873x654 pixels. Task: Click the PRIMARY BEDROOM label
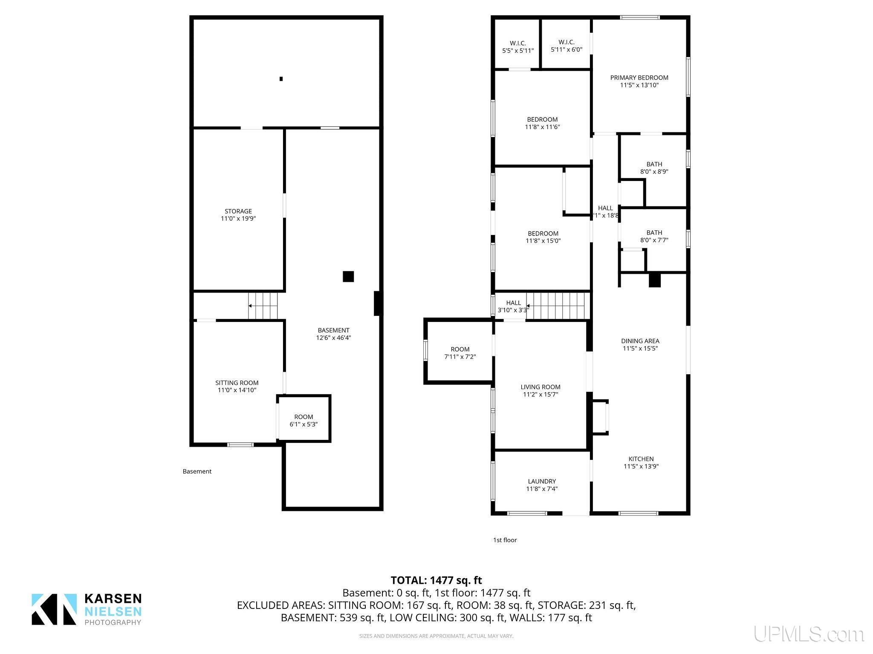click(x=639, y=77)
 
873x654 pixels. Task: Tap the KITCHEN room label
click(x=641, y=459)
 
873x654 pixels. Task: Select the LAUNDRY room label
click(x=542, y=481)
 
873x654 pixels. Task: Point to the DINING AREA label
click(x=640, y=341)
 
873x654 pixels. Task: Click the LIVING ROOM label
click(x=541, y=387)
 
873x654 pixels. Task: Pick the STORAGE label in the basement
click(x=238, y=211)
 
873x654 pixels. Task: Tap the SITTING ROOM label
click(x=237, y=383)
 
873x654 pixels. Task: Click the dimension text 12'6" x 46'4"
click(x=333, y=338)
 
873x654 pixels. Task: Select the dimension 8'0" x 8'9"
click(x=654, y=172)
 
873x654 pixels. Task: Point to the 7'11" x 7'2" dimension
click(x=460, y=356)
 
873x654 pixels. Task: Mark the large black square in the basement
click(x=348, y=276)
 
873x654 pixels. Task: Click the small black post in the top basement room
click(x=281, y=79)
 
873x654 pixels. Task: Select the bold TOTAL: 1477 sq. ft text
click(x=436, y=580)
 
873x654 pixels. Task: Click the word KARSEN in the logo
click(x=113, y=599)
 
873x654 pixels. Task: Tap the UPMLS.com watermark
click(x=809, y=634)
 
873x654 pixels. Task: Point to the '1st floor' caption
click(x=505, y=540)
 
